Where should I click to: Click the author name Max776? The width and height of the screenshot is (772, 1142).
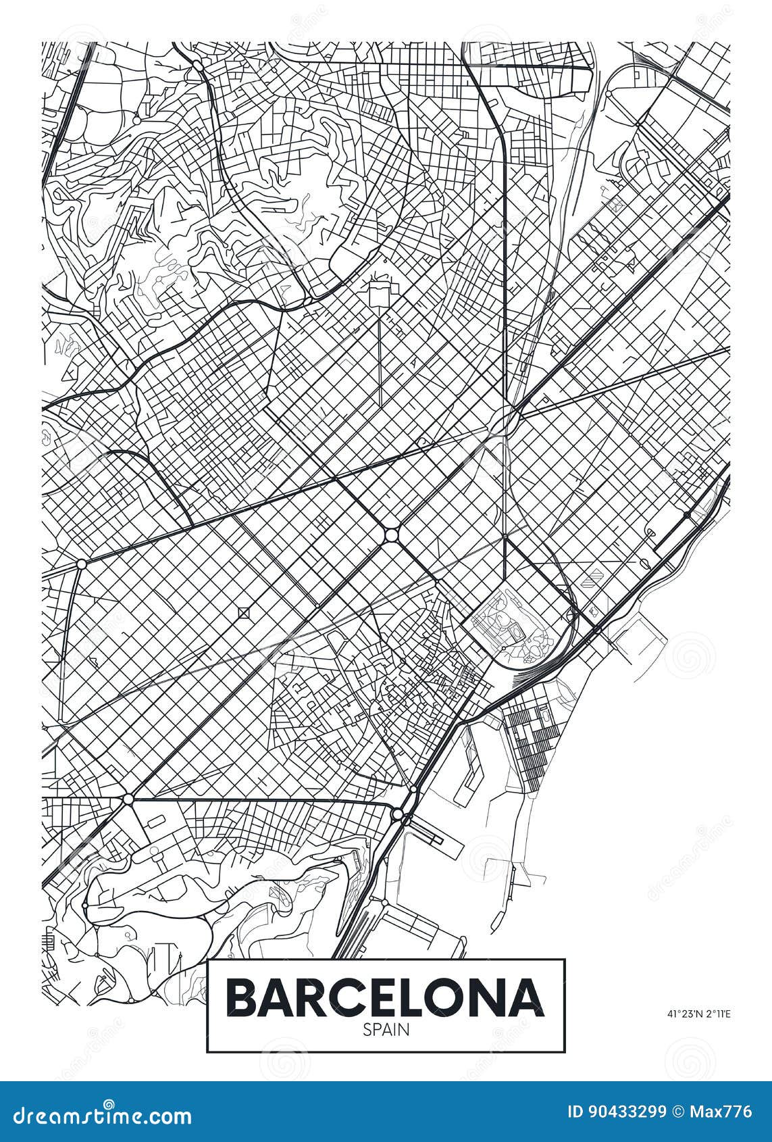coord(723,1113)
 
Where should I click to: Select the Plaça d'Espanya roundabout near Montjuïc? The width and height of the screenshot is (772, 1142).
coord(128,799)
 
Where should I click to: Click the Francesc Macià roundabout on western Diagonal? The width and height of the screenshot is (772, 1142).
coord(81,562)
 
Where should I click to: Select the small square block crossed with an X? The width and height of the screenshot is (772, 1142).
coord(243,613)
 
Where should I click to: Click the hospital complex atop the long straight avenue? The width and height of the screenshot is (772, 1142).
coord(380,295)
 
